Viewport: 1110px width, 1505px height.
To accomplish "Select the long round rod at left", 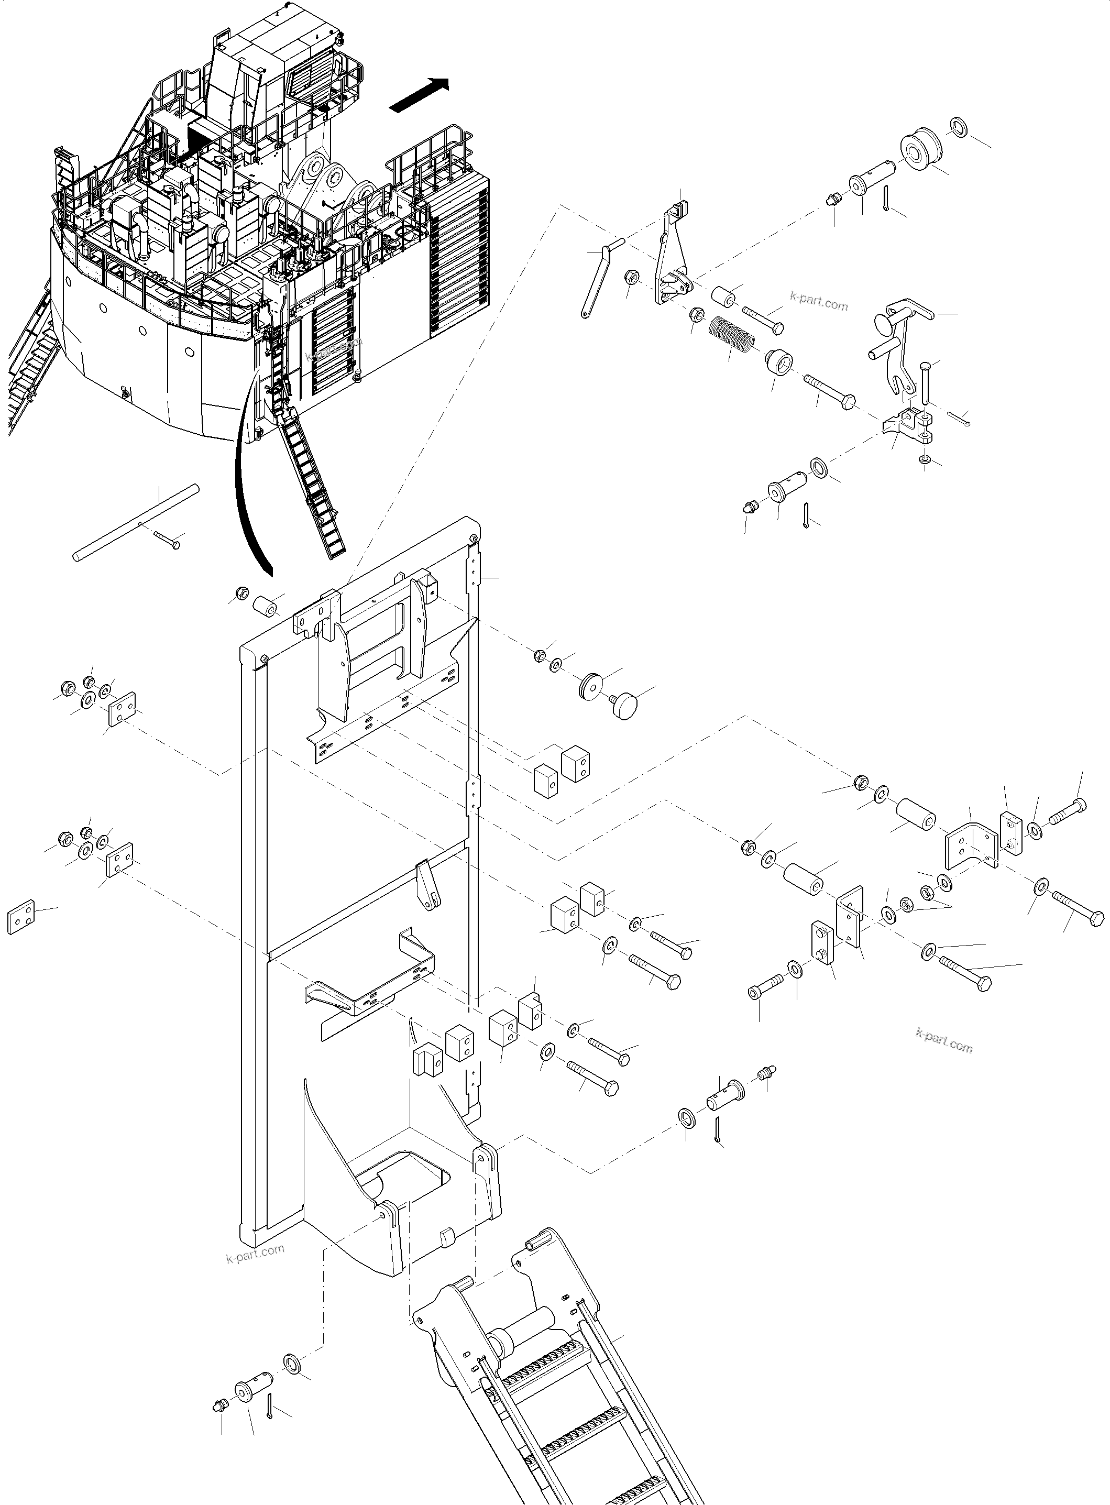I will tap(136, 522).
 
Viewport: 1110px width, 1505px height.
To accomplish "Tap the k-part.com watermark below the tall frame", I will tap(255, 1253).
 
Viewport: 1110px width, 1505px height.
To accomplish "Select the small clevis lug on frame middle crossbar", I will tap(428, 885).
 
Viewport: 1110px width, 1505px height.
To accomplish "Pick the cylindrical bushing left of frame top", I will tap(266, 606).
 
